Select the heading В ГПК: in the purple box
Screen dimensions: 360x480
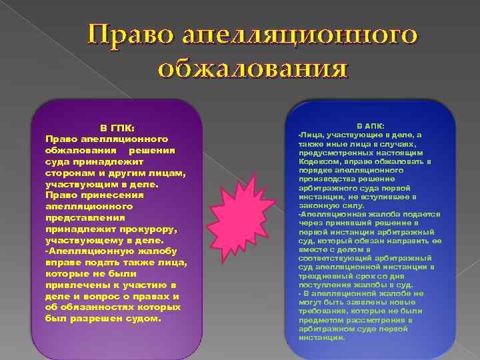[x=117, y=128]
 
